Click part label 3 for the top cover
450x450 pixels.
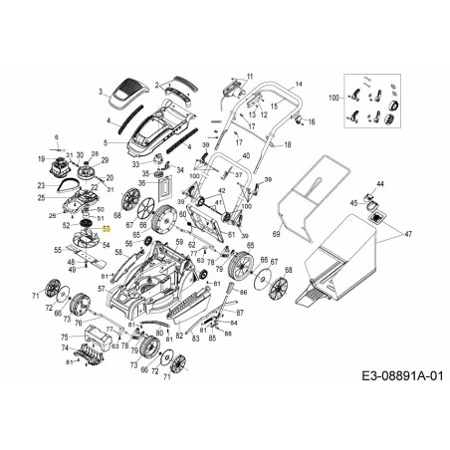(x=101, y=90)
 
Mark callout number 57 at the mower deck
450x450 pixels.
(x=101, y=288)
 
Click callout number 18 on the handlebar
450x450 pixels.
(x=288, y=144)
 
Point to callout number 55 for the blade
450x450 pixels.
(x=57, y=252)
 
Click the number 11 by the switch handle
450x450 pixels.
(x=250, y=76)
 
